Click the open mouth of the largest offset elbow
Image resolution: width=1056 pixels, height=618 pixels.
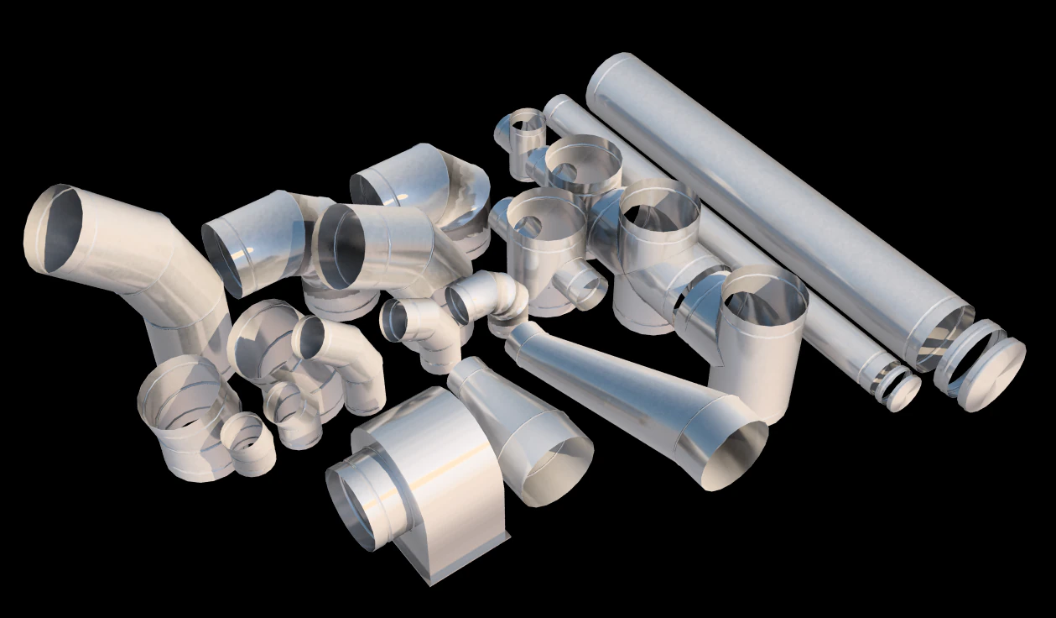55,228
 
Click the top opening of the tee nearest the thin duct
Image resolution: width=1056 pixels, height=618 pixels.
659,208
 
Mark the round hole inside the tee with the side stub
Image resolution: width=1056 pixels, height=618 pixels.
529,225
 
